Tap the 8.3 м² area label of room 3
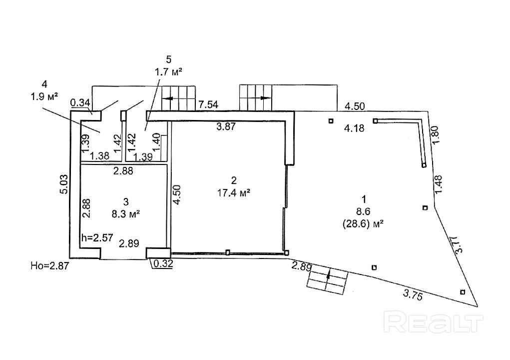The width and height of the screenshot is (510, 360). (125, 213)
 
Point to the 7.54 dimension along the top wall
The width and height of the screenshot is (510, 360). (208, 104)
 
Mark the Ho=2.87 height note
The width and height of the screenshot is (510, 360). (48, 266)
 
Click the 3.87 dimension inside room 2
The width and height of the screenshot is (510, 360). (226, 127)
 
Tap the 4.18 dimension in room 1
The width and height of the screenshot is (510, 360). (354, 128)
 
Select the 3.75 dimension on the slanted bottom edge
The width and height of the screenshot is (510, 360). (412, 295)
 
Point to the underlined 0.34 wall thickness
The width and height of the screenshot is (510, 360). (80, 103)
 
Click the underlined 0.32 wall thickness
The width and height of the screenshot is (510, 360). (163, 264)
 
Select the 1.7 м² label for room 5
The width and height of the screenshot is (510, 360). (168, 72)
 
